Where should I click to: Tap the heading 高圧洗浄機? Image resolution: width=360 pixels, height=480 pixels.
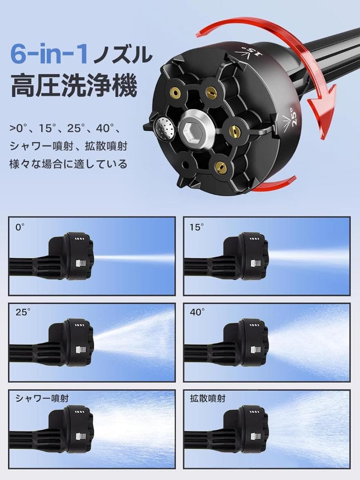[x=73, y=87]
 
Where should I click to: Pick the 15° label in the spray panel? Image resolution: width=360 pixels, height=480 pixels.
[x=196, y=227]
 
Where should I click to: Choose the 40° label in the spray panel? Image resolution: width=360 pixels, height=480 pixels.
[x=197, y=312]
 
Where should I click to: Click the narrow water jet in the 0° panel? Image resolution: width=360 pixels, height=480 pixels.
[x=133, y=258]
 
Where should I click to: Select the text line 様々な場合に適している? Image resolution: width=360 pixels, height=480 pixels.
[x=68, y=164]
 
